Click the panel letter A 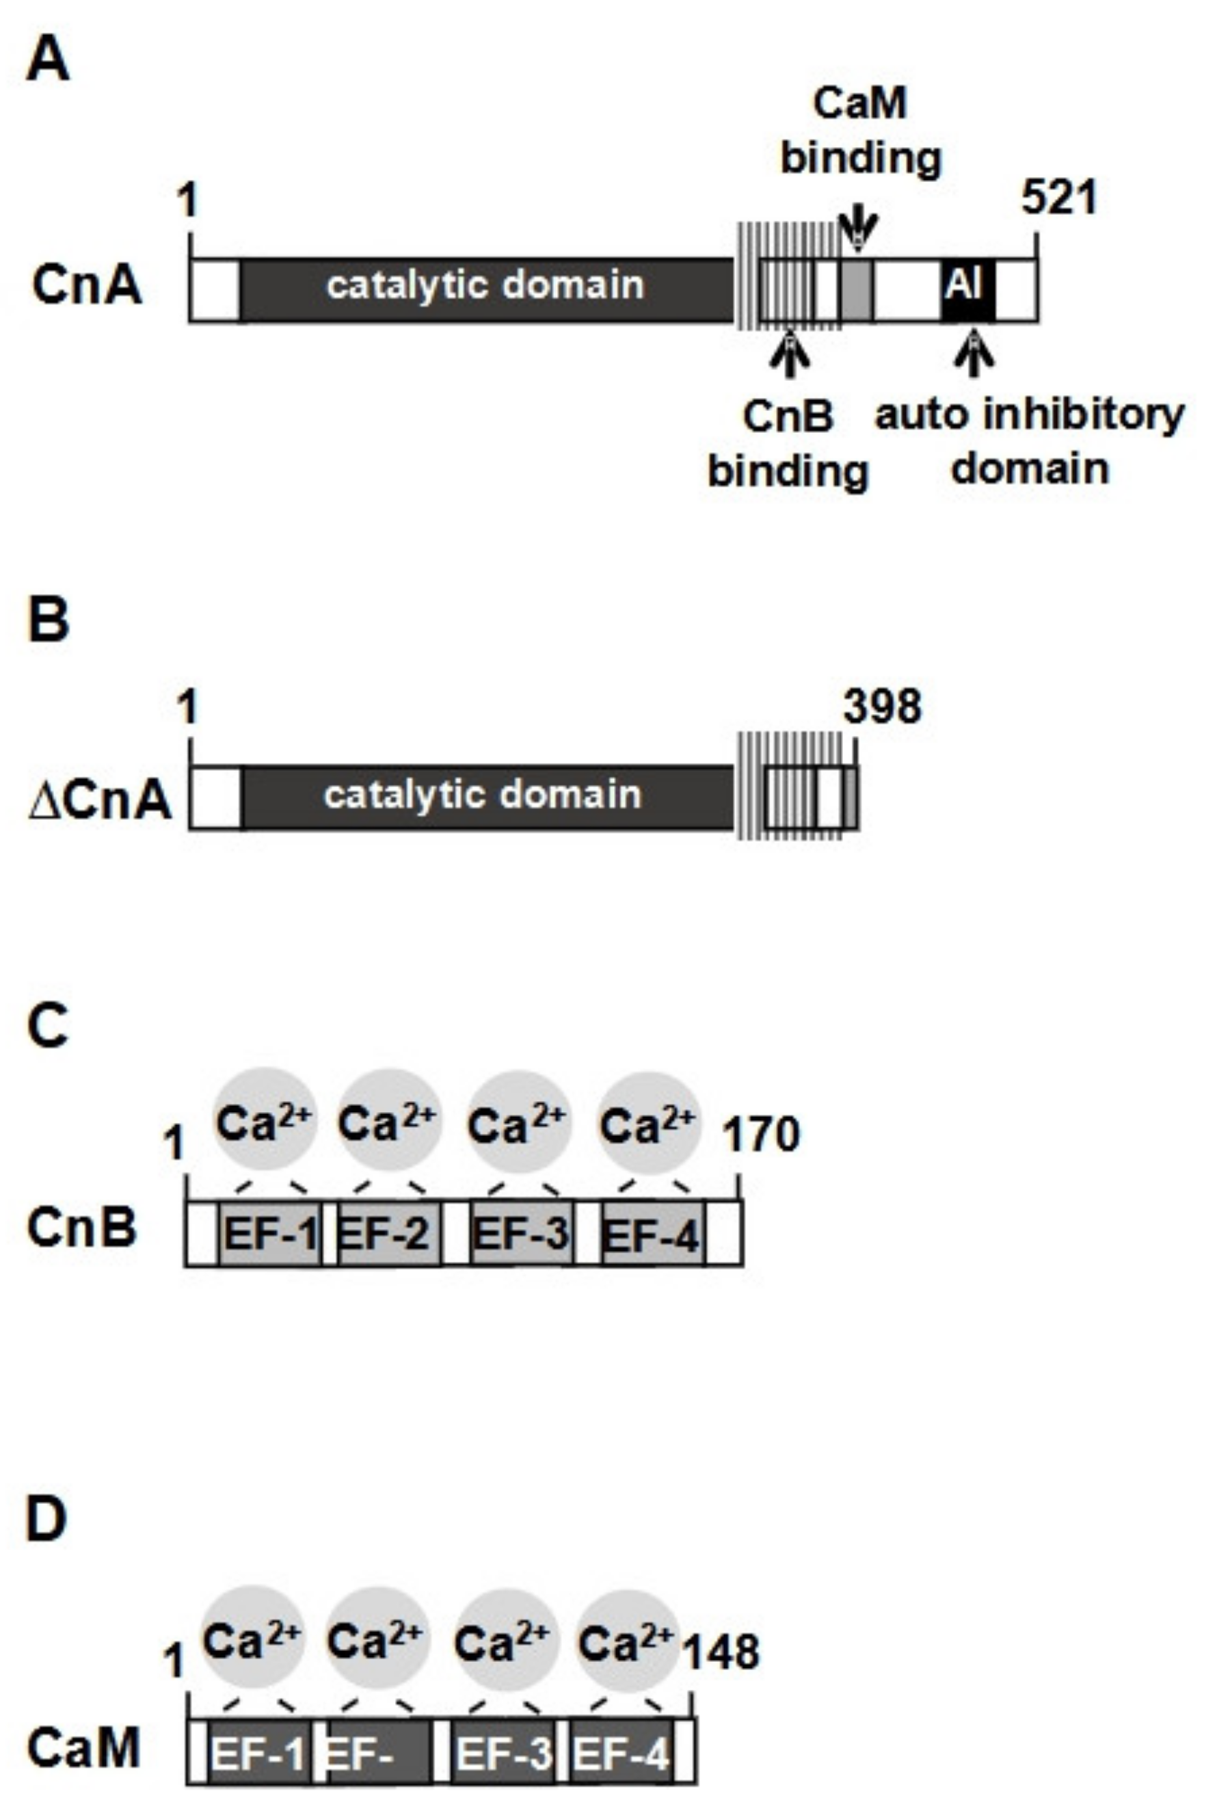coord(47,62)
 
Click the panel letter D coord(46,1520)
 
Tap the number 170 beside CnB coord(760,1136)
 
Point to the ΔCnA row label coord(99,800)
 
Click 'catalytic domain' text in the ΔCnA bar coord(483,795)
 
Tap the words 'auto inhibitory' coord(1029,415)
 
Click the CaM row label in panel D coord(84,1749)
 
